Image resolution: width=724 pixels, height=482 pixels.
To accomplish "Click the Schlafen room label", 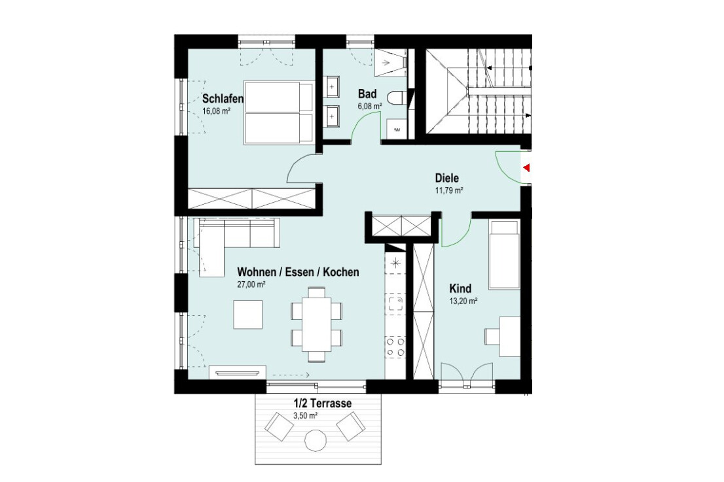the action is point(223,99).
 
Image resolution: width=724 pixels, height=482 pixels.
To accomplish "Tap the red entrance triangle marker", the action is point(527,168).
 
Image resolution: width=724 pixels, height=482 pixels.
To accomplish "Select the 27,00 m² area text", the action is point(251,284).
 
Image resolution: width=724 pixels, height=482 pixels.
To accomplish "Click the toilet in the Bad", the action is point(396,98).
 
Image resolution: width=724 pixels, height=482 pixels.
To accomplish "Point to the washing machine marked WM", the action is point(397,129).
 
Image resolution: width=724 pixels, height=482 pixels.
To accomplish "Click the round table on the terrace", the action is point(316,440).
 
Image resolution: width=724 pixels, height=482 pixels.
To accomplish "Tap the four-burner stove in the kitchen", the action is point(395,347).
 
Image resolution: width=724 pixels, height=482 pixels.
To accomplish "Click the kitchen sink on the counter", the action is point(395,304).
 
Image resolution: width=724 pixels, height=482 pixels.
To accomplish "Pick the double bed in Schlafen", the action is point(280,112).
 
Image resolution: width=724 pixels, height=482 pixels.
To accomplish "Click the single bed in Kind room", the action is point(504,254).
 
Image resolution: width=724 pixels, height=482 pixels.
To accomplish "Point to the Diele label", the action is point(446,178).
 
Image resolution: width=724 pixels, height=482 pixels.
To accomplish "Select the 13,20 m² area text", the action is point(463,301).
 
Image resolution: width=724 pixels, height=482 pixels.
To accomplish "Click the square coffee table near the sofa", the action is point(248,315).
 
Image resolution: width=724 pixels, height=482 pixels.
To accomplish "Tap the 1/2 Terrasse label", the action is point(323,403).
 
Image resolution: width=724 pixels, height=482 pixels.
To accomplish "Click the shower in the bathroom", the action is point(391,61).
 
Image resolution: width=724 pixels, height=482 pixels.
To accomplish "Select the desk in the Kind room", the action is point(509,336).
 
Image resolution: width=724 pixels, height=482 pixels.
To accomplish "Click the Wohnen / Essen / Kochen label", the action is point(298,272).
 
